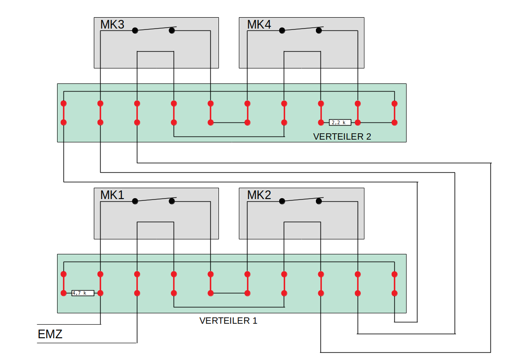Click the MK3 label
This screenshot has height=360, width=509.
pos(112,24)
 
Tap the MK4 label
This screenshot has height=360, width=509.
pos(259,24)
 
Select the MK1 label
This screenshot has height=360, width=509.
pos(112,195)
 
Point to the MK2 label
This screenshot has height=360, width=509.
pos(259,195)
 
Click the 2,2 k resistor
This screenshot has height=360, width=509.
pos(340,122)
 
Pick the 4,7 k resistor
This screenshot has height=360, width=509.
pos(82,293)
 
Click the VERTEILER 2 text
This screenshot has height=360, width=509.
pos(342,136)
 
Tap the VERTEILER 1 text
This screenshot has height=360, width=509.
pos(228,321)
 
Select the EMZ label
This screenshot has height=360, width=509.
pos(50,335)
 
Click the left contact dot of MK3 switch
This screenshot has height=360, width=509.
pos(135,31)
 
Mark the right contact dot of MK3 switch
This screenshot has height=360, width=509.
pos(172,31)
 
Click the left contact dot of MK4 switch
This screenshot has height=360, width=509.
pos(282,31)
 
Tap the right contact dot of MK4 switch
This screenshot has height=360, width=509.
pos(319,31)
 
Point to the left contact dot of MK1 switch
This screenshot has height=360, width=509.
pos(135,201)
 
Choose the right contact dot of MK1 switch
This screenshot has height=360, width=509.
pos(172,201)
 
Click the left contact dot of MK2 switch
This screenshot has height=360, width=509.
pos(282,201)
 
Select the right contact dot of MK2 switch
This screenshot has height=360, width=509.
pos(319,201)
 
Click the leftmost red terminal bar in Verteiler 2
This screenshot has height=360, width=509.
pos(64,113)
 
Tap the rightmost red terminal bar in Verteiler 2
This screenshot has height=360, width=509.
pos(394,113)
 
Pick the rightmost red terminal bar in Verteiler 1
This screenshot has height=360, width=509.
pos(394,283)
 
